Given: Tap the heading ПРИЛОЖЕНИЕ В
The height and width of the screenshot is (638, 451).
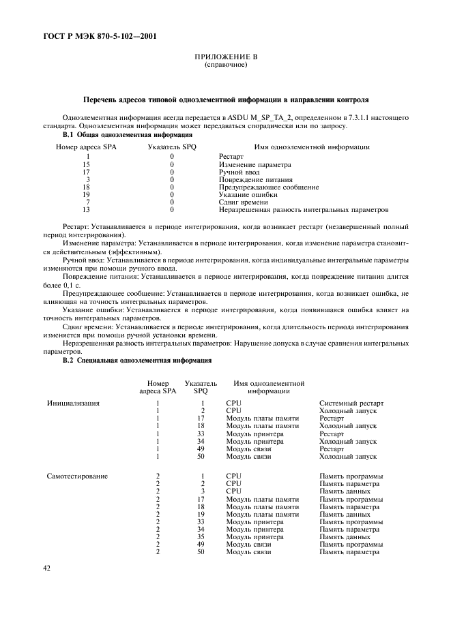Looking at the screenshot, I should pos(225,58).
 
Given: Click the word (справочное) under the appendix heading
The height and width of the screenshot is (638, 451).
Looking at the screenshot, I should pos(225,65).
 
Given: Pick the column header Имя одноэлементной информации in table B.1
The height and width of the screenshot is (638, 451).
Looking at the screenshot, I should pos(312,147).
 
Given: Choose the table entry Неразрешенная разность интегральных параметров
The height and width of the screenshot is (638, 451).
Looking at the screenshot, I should pos(304,210).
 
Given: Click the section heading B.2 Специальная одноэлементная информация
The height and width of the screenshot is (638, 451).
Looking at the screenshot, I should pos(137,359).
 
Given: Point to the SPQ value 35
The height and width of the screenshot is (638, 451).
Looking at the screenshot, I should pos(201,536).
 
